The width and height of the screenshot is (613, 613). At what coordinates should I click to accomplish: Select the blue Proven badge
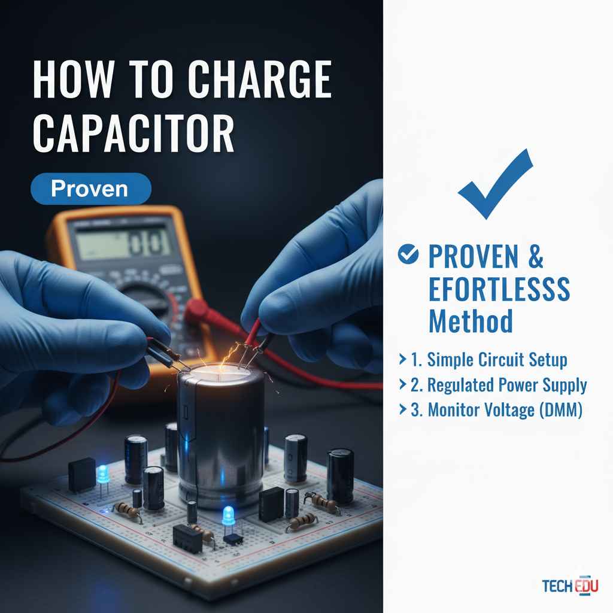(x=90, y=189)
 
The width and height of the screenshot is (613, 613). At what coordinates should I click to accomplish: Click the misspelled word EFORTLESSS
(x=499, y=290)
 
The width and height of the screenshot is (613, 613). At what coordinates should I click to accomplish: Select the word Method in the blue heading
(x=471, y=321)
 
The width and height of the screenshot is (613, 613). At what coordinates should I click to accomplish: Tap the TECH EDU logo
(x=569, y=585)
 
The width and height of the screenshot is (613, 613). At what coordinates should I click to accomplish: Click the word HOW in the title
(x=67, y=80)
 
